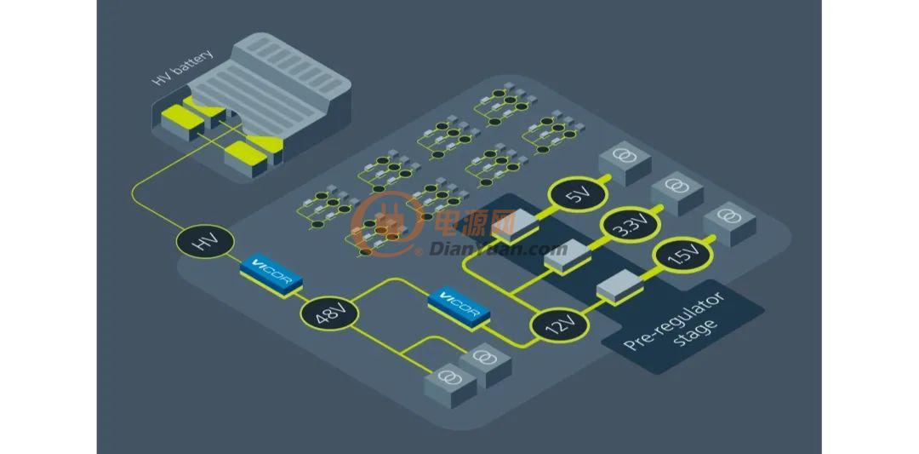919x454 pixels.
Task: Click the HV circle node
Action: (205, 242)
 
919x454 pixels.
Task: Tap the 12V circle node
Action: (559, 325)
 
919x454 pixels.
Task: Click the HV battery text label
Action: (182, 69)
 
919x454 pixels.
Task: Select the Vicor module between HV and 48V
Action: (271, 275)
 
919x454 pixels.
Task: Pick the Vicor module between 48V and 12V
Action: (459, 305)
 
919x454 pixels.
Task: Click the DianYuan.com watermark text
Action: (498, 249)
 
